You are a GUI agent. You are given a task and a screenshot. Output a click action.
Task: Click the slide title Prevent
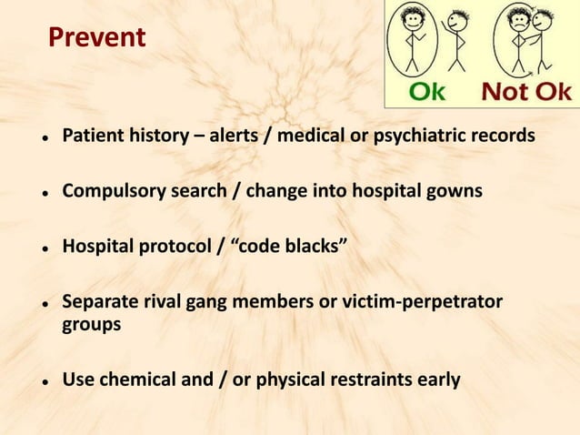[96, 38]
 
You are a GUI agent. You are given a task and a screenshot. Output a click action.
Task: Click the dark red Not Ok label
[526, 92]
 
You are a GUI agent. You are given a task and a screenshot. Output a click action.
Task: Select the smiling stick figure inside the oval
[413, 41]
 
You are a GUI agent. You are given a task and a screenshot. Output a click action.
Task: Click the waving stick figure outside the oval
[454, 41]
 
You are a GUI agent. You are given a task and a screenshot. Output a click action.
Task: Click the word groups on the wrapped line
[91, 324]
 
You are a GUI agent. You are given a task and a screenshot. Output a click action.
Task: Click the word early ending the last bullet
[440, 379]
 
